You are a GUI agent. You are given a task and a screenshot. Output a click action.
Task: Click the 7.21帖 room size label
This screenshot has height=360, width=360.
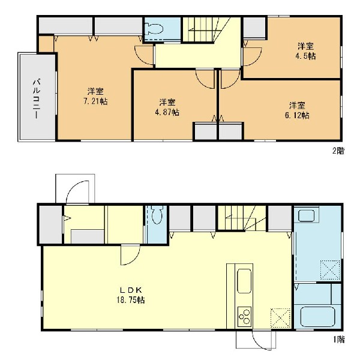click(x=95, y=101)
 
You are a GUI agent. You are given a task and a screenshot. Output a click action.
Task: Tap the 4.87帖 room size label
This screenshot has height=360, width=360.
click(x=167, y=112)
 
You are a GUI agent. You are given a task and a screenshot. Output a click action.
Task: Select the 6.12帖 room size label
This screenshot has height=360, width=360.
click(x=297, y=115)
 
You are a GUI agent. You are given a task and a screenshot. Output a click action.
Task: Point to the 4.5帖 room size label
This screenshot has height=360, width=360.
click(x=305, y=56)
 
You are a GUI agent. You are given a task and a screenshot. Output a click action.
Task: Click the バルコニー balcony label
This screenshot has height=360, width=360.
click(x=37, y=99)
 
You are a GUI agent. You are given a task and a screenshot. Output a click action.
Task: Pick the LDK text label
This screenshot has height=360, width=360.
click(x=131, y=290)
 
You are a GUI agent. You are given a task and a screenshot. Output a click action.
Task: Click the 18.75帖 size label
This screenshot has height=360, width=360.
click(x=131, y=300)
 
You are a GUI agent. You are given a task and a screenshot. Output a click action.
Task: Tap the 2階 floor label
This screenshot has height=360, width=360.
click(x=338, y=151)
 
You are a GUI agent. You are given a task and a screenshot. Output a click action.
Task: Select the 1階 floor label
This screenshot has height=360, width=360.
click(x=339, y=340)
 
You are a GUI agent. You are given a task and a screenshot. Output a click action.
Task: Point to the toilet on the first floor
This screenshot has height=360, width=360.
click(x=157, y=214)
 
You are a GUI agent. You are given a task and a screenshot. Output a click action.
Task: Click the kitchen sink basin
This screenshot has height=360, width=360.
click(x=244, y=281)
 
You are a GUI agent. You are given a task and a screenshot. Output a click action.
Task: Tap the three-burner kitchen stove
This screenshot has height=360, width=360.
click(x=244, y=317)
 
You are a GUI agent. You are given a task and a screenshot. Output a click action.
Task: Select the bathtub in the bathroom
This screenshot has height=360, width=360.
click(x=318, y=317)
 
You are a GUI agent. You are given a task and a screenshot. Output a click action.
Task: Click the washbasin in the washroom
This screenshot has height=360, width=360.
click(x=306, y=215)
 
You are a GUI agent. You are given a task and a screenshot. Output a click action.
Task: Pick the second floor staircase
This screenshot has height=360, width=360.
click(x=206, y=29)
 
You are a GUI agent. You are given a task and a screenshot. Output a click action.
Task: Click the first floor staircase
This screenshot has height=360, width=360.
click(x=241, y=218)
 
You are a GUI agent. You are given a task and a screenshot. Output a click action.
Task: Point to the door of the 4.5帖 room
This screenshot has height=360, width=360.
click(x=252, y=57)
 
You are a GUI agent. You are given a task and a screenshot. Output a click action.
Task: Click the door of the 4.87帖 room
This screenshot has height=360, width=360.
click(x=205, y=79)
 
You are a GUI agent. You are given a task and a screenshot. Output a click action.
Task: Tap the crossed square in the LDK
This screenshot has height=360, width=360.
click(x=280, y=318)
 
